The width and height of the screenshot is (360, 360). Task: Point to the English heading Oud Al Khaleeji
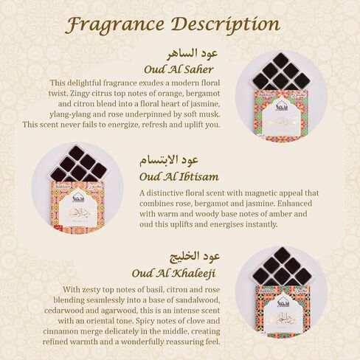point(174,272)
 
